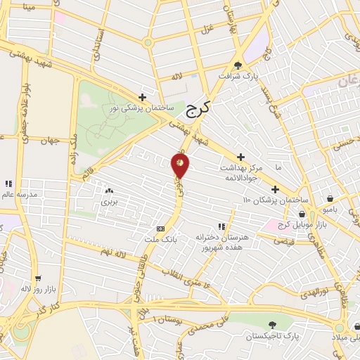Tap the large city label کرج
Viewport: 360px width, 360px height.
coord(200,110)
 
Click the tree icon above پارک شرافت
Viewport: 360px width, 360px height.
coord(248,65)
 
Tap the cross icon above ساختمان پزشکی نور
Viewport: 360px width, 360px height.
coord(142,97)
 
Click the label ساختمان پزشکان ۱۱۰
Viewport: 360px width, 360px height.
coord(271,200)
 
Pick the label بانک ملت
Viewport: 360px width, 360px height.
coord(160,239)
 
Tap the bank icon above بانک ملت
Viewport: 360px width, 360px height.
coord(161,229)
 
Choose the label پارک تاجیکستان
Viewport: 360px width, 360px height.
coord(272,336)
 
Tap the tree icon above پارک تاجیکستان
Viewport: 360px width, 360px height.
coord(272,324)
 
